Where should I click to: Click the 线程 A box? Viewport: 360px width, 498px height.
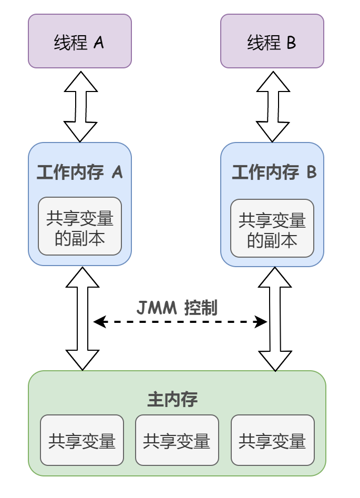(x=79, y=41)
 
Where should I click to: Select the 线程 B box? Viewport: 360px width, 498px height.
(x=272, y=41)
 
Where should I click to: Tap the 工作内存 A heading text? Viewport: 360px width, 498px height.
(x=79, y=172)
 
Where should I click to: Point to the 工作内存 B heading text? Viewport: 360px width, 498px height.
(x=274, y=172)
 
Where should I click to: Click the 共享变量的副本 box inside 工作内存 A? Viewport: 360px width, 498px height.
(x=79, y=226)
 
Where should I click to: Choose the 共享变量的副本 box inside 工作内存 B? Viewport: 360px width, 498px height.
(x=272, y=228)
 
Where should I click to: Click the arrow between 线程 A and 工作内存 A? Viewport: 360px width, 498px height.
(x=80, y=107)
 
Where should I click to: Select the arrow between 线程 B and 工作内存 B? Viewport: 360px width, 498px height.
(x=273, y=107)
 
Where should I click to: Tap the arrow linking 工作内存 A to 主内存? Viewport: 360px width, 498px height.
(x=83, y=319)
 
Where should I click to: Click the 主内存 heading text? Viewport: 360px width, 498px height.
(x=172, y=400)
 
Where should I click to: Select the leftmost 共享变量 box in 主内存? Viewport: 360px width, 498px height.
(x=81, y=440)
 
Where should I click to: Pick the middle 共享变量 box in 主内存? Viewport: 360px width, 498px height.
(x=177, y=440)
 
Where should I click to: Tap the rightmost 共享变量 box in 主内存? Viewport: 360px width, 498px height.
(x=272, y=440)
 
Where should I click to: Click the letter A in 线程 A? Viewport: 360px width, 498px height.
(x=99, y=42)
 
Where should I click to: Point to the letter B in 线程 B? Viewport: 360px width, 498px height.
(x=291, y=42)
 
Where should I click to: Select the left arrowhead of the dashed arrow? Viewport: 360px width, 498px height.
(x=99, y=322)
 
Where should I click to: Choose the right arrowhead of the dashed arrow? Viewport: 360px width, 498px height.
(x=261, y=322)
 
